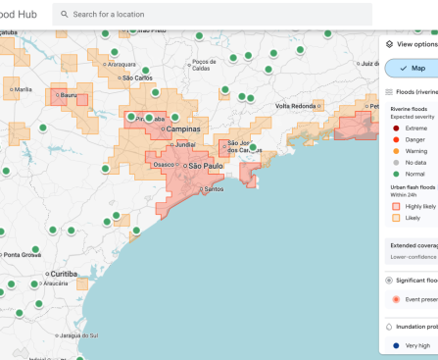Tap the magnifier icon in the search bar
pyautogui.click(x=64, y=15)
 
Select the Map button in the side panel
pyautogui.click(x=412, y=68)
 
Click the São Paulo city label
pyautogui.click(x=207, y=166)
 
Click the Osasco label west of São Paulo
pyautogui.click(x=166, y=165)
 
